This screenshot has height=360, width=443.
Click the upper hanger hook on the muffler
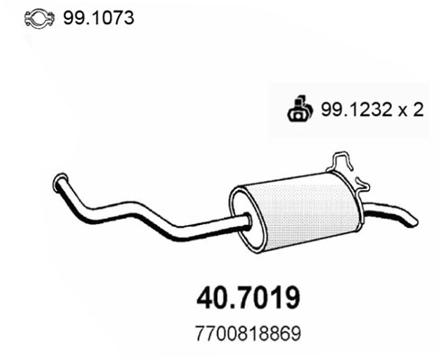pos(342,163)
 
